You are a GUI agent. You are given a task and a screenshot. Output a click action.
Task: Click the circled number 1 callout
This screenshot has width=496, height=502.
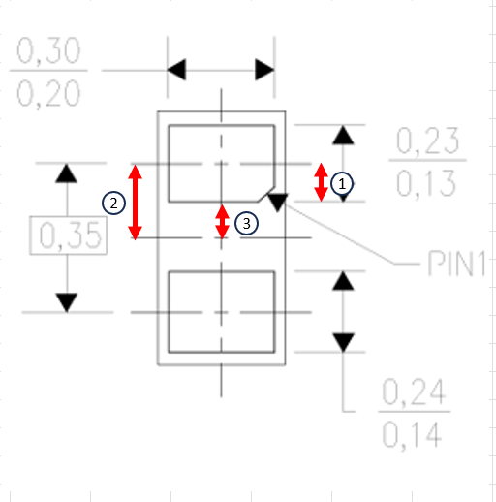[342, 184]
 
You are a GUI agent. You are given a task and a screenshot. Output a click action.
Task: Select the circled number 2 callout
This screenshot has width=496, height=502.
[113, 204]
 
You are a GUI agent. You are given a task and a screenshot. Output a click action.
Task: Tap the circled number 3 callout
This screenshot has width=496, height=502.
[246, 224]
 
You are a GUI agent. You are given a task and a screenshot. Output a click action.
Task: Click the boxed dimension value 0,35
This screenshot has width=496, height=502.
[68, 235]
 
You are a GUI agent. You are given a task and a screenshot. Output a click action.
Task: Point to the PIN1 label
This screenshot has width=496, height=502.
[456, 264]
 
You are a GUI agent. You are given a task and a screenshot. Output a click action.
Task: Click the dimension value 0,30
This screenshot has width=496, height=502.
[48, 50]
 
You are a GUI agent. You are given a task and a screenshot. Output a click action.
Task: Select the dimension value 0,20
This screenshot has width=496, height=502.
[48, 93]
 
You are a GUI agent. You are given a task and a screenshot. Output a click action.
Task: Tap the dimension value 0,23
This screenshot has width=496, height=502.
[427, 141]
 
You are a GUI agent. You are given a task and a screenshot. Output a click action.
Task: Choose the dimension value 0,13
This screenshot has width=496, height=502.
[426, 183]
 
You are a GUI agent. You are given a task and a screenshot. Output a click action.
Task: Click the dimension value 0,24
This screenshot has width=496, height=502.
[414, 392]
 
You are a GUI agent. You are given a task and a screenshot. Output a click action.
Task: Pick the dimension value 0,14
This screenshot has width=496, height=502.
[412, 434]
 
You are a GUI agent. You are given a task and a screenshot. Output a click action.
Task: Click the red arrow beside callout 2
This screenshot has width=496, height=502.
[135, 203]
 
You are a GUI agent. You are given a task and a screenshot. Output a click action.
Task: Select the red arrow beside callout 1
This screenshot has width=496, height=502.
[321, 182]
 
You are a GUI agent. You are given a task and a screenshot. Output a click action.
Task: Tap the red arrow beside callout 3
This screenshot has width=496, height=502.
[222, 222]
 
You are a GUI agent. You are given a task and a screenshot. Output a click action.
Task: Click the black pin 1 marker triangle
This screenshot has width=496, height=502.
[278, 203]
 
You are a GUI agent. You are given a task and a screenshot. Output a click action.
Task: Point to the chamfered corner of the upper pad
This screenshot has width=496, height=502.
[266, 194]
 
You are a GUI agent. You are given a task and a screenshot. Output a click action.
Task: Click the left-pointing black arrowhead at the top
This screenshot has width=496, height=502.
[176, 70]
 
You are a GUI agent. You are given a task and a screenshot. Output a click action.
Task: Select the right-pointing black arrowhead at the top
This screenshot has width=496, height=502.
[264, 70]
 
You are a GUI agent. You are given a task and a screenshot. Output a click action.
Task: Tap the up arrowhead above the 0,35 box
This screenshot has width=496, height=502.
[67, 173]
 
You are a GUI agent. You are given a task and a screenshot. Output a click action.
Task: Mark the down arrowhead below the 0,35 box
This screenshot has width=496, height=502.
[67, 302]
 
